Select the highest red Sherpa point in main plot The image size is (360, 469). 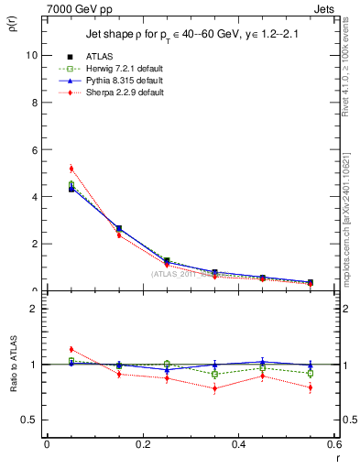pos(71,169)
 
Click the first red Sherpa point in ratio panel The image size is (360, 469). pos(71,349)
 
